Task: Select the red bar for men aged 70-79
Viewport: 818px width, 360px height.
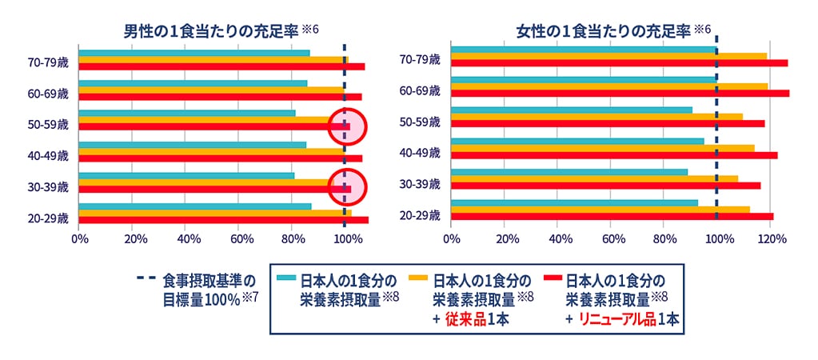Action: point(221,66)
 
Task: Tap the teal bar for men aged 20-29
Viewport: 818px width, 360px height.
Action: point(194,206)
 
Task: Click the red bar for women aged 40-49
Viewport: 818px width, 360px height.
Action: point(613,155)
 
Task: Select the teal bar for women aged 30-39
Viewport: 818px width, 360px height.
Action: point(569,171)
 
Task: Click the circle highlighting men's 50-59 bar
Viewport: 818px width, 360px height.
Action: point(347,126)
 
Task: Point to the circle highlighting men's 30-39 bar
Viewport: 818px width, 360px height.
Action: point(347,188)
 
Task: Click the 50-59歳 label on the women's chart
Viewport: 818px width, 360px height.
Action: point(421,122)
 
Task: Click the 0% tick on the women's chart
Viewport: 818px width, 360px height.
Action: point(451,238)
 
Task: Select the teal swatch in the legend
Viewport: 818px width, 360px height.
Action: point(286,278)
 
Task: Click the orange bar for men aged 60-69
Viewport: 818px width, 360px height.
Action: point(212,90)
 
